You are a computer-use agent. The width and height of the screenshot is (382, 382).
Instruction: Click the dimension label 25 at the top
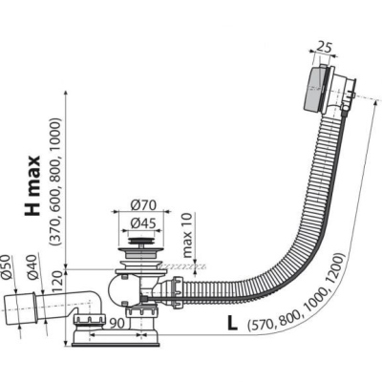(324, 48)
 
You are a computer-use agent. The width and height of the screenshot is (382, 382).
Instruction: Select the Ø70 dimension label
(143, 205)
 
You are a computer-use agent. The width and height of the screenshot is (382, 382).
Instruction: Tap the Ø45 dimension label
(143, 223)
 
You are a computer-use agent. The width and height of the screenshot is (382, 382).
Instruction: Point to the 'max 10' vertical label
(187, 236)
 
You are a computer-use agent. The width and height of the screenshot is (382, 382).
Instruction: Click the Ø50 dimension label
(6, 268)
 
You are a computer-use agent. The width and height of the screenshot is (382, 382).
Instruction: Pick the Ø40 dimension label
(32, 268)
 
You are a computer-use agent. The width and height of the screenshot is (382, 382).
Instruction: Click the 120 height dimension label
(57, 281)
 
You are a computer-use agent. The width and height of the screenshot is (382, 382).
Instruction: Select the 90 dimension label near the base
(117, 324)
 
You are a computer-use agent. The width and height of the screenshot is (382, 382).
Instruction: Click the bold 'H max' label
(32, 185)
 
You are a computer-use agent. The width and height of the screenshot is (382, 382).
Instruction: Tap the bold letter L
(232, 324)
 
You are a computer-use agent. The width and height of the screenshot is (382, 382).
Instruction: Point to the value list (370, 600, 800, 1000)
(54, 181)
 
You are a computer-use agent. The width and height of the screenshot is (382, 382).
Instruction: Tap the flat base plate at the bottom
(117, 344)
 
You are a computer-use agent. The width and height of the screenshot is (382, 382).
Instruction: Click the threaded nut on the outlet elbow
(90, 321)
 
